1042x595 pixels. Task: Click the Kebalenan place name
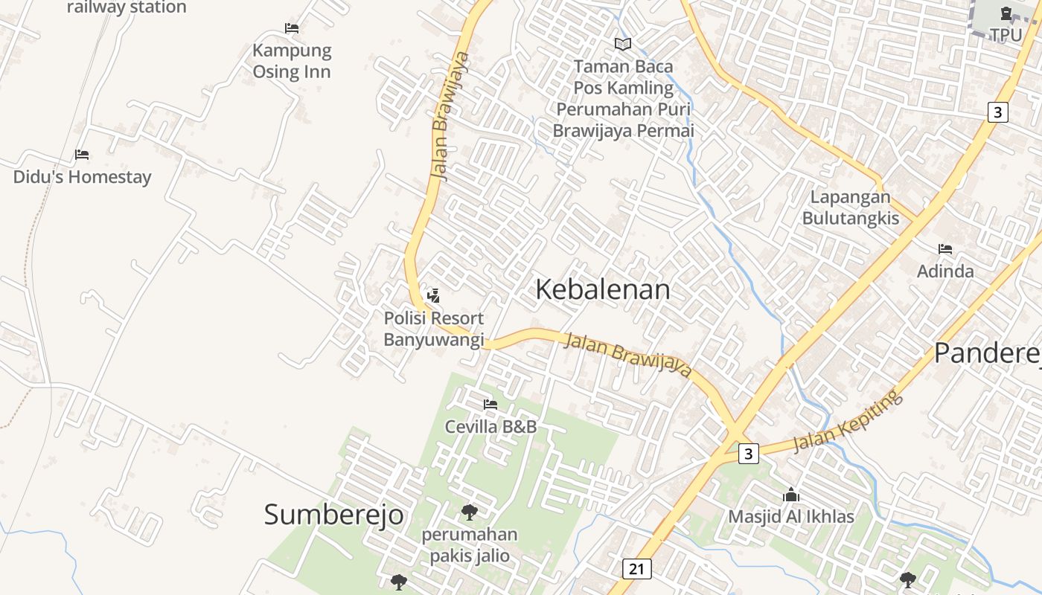[602, 289]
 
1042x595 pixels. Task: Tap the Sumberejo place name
[333, 514]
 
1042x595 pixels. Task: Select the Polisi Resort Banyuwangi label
[433, 329]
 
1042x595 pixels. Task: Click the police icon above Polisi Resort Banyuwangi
[433, 296]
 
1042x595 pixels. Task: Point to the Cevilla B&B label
[490, 427]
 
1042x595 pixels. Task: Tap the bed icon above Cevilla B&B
[490, 405]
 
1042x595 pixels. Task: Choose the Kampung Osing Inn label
[292, 61]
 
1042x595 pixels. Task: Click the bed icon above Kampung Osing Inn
[292, 28]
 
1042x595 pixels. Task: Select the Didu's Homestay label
[82, 177]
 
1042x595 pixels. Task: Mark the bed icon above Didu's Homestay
[82, 155]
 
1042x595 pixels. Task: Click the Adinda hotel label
[945, 271]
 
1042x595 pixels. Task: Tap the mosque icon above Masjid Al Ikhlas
[790, 495]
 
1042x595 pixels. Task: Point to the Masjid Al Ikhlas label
[790, 516]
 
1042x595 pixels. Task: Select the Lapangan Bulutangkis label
[850, 208]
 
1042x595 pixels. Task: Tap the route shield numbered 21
[636, 569]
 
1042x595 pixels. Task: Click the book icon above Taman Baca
[623, 44]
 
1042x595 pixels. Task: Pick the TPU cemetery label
[1006, 34]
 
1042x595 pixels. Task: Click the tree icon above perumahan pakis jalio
[469, 512]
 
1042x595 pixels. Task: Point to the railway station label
[127, 7]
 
